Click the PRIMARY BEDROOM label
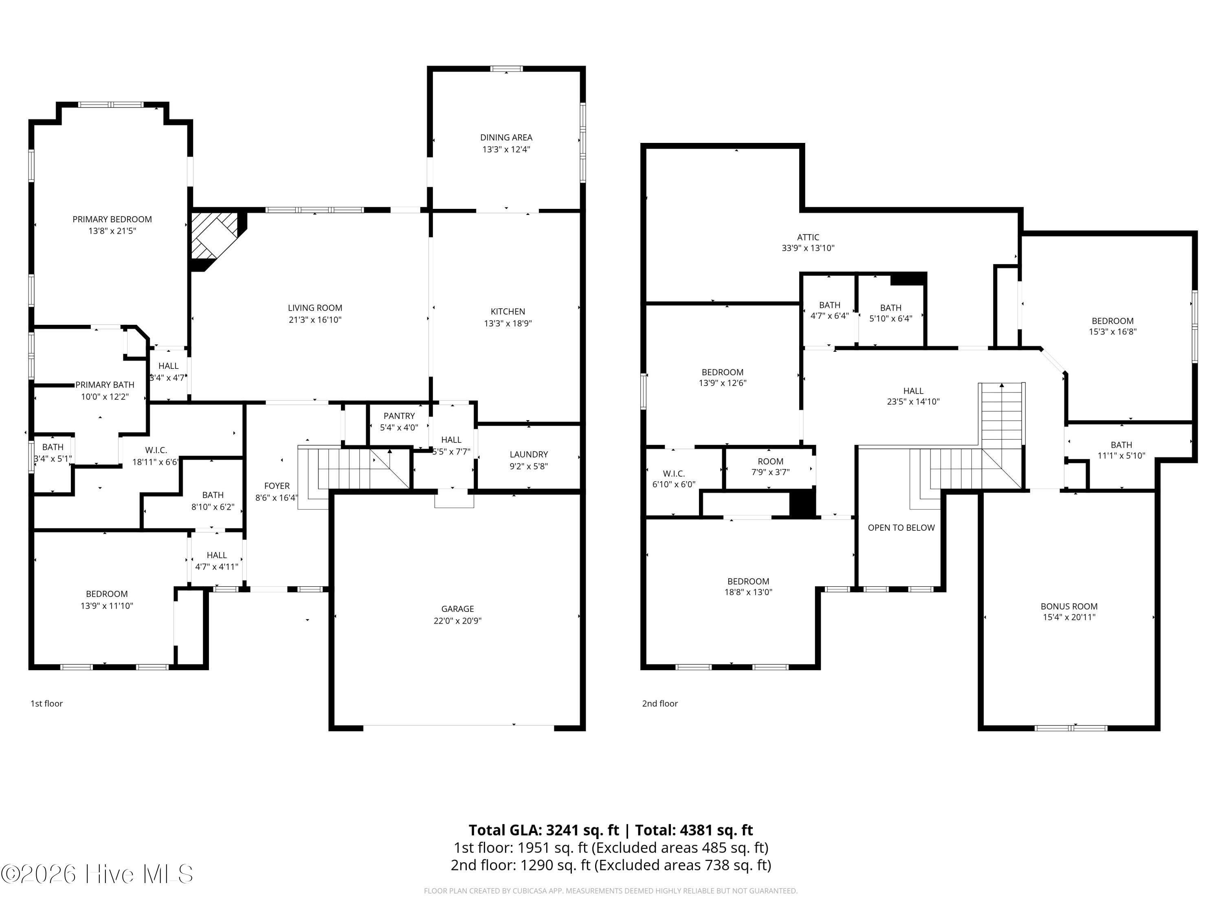pyautogui.click(x=112, y=219)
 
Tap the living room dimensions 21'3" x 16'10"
pyautogui.click(x=315, y=320)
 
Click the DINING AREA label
pyautogui.click(x=506, y=138)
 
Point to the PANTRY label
pyautogui.click(x=399, y=416)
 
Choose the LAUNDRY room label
pyautogui.click(x=529, y=454)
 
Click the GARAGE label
pyautogui.click(x=457, y=609)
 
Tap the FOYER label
pyautogui.click(x=277, y=486)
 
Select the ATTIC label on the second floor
pyautogui.click(x=808, y=237)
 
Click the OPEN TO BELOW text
pyautogui.click(x=901, y=528)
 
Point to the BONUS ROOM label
pyautogui.click(x=1069, y=606)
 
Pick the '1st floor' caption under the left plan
pyautogui.click(x=46, y=703)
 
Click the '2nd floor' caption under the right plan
pyautogui.click(x=659, y=703)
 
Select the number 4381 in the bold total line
pyautogui.click(x=698, y=831)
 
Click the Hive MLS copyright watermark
pyautogui.click(x=97, y=874)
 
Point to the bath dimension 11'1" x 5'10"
pyautogui.click(x=1121, y=456)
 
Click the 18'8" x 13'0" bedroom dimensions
pyautogui.click(x=748, y=592)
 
